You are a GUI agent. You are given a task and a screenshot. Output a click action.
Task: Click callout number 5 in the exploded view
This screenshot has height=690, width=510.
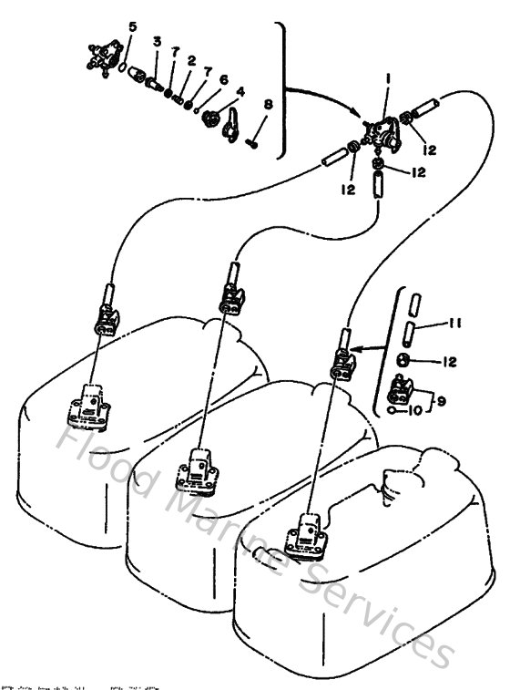[132, 27]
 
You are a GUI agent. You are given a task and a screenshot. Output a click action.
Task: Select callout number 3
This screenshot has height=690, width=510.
[157, 42]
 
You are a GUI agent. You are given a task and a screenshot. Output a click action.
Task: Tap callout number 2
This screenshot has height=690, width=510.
[192, 60]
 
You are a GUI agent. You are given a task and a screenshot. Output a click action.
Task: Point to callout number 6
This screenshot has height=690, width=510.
[223, 79]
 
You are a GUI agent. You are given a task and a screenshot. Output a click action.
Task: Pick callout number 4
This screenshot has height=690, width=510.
[240, 91]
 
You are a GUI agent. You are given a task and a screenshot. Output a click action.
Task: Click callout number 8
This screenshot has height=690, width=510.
[267, 105]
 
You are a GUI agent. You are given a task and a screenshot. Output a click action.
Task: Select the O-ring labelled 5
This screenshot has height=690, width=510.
[124, 66]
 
